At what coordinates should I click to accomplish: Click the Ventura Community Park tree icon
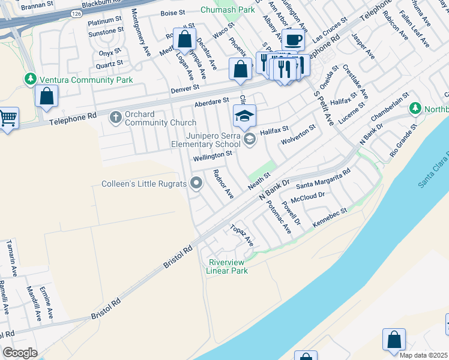click(x=29, y=79)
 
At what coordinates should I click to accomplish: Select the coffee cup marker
click(x=293, y=40)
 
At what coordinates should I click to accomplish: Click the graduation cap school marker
click(x=244, y=116)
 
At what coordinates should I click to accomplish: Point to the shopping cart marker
click(x=8, y=118)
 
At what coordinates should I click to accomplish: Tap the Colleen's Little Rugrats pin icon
click(x=196, y=184)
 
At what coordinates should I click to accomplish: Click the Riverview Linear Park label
click(x=228, y=266)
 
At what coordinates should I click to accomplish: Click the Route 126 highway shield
click(x=75, y=13)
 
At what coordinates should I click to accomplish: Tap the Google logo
click(x=20, y=353)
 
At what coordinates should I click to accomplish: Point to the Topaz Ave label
click(x=243, y=235)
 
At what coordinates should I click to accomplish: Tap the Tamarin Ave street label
click(x=13, y=263)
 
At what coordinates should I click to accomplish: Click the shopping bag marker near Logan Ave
click(x=185, y=40)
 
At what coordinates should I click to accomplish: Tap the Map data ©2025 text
click(x=424, y=355)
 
